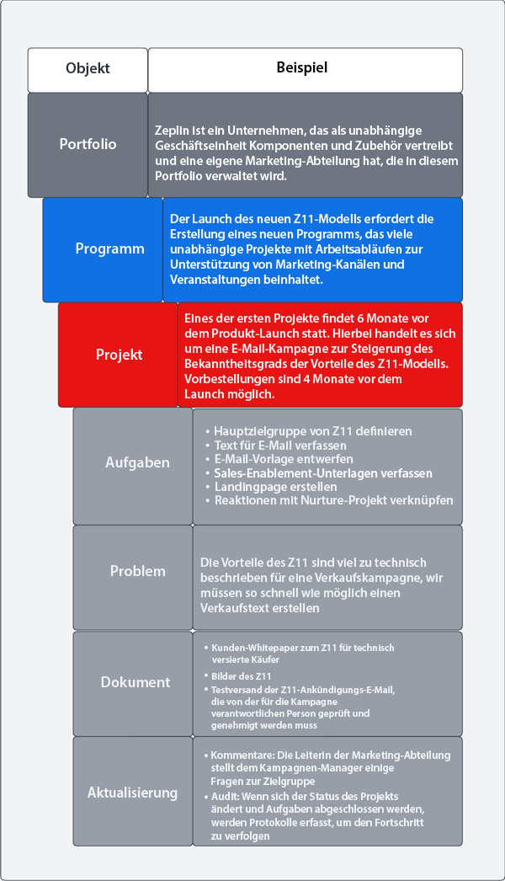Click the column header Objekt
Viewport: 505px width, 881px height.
click(88, 69)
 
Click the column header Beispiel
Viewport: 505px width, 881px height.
click(301, 67)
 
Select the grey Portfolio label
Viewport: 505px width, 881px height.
click(88, 144)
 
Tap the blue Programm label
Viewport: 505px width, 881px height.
click(109, 248)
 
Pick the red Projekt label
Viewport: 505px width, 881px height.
click(119, 355)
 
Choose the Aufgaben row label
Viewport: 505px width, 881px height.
click(137, 462)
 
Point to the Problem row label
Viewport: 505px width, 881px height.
click(137, 571)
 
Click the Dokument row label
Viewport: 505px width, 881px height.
click(136, 682)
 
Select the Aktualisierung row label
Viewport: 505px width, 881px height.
click(132, 793)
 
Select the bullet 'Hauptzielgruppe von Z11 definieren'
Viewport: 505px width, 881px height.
click(313, 430)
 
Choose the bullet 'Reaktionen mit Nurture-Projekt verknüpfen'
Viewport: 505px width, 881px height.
click(333, 500)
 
